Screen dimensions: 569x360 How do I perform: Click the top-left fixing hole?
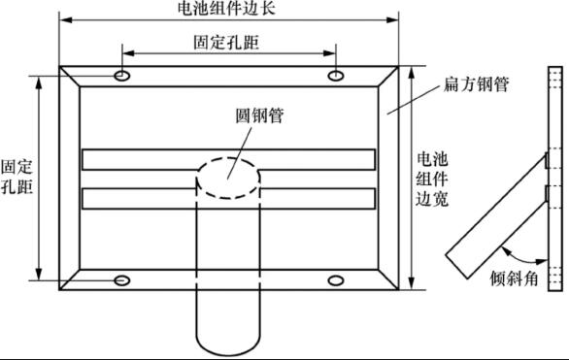click(x=122, y=76)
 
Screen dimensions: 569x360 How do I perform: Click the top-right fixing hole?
click(x=336, y=76)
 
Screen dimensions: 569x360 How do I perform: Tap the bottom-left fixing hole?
click(x=122, y=280)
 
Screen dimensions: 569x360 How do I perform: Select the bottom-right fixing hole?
click(x=336, y=280)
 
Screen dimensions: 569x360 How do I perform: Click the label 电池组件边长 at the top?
click(x=227, y=8)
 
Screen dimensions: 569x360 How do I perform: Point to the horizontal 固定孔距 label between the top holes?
click(x=226, y=42)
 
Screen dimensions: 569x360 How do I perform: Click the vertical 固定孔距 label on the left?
click(x=17, y=177)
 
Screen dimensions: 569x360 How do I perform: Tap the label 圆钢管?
click(x=259, y=116)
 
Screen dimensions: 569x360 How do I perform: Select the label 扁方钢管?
click(x=476, y=84)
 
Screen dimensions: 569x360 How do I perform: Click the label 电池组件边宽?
click(x=432, y=180)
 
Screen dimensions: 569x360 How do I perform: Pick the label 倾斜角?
click(x=514, y=278)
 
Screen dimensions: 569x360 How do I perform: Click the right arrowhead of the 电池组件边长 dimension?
click(x=392, y=19)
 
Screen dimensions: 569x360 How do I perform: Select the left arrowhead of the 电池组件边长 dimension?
click(x=66, y=19)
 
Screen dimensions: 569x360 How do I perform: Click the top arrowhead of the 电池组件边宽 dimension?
click(x=411, y=73)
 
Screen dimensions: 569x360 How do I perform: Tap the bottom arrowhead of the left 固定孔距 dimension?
click(x=39, y=274)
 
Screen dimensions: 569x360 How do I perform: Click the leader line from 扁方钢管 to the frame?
click(x=414, y=100)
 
